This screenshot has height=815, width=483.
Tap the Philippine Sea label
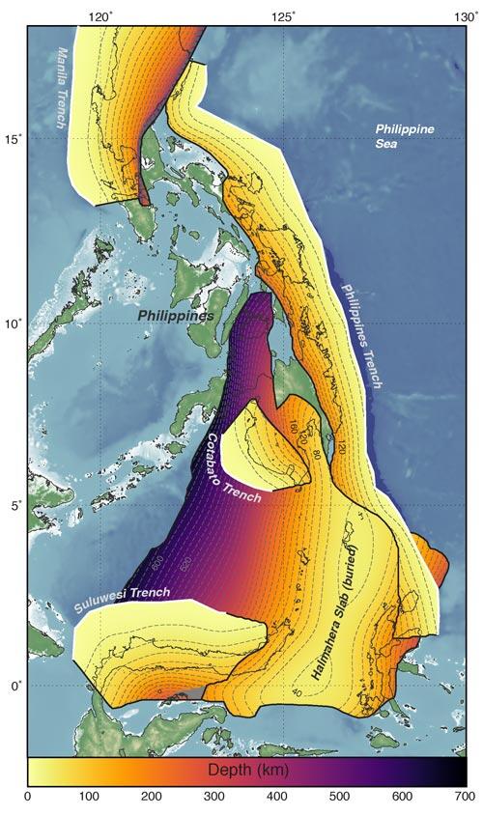pos(405,136)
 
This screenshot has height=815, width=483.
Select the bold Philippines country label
pos(175,316)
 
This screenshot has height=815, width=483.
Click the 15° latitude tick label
pos(13,139)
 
